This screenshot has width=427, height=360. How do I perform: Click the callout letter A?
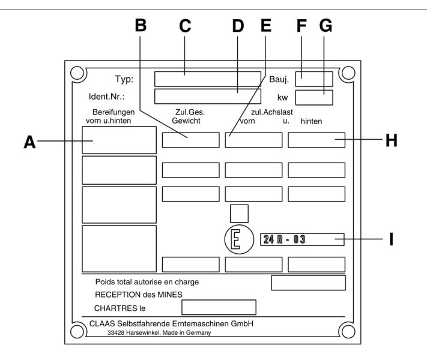[29, 142]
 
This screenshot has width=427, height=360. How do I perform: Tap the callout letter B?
[141, 25]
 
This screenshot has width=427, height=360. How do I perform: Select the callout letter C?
[185, 26]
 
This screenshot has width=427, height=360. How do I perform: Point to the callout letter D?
[238, 26]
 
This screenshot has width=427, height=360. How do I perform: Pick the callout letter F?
[301, 26]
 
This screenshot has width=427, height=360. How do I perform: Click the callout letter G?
[326, 26]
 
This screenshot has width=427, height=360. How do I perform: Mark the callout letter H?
[392, 140]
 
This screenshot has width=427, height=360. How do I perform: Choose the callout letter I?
[392, 239]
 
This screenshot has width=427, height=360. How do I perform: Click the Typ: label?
[124, 79]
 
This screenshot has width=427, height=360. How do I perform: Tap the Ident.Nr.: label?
[106, 97]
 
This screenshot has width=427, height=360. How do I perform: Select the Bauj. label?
[279, 79]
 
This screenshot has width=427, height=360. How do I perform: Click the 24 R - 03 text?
[284, 239]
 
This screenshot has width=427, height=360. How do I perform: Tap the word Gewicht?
[186, 121]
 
